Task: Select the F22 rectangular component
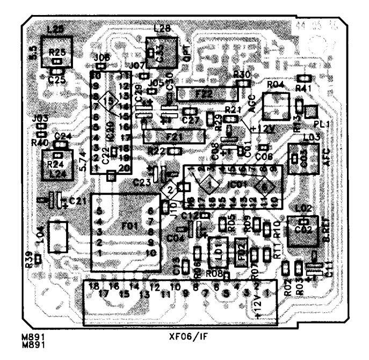206,93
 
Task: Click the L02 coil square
303,231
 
